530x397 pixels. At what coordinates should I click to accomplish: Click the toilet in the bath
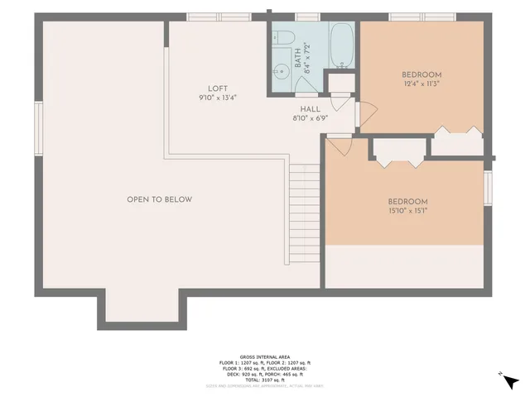tap(282, 37)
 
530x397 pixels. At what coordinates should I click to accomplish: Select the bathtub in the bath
tap(342, 45)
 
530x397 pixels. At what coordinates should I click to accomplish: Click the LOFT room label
tap(218, 89)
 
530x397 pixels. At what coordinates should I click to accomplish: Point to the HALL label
tap(311, 108)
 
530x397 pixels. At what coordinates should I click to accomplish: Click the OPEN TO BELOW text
tap(159, 199)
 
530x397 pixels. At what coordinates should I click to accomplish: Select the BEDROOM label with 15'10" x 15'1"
tap(407, 202)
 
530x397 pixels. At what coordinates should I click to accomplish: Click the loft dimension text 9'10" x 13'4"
tap(218, 98)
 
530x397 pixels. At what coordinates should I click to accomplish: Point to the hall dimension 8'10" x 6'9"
tap(311, 118)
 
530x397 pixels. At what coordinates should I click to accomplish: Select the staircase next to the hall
tap(304, 211)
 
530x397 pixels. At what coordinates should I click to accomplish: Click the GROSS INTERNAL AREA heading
tap(264, 356)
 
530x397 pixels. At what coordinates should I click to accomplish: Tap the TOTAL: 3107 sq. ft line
tap(264, 379)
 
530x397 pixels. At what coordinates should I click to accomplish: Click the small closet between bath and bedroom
tap(339, 85)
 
